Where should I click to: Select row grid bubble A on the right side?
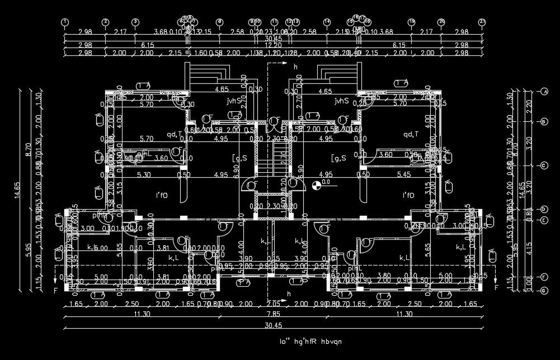(543, 91)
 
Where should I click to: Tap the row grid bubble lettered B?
(543, 121)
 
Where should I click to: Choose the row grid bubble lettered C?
(543, 165)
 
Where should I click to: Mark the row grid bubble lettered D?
(543, 209)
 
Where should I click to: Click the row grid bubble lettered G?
(543, 291)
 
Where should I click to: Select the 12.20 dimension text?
(274, 45)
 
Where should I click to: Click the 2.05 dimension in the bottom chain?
(273, 304)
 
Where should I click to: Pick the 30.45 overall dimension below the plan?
(274, 325)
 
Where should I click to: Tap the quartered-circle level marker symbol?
(317, 183)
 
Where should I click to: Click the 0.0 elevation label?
(326, 182)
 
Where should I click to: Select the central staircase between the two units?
(274, 158)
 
